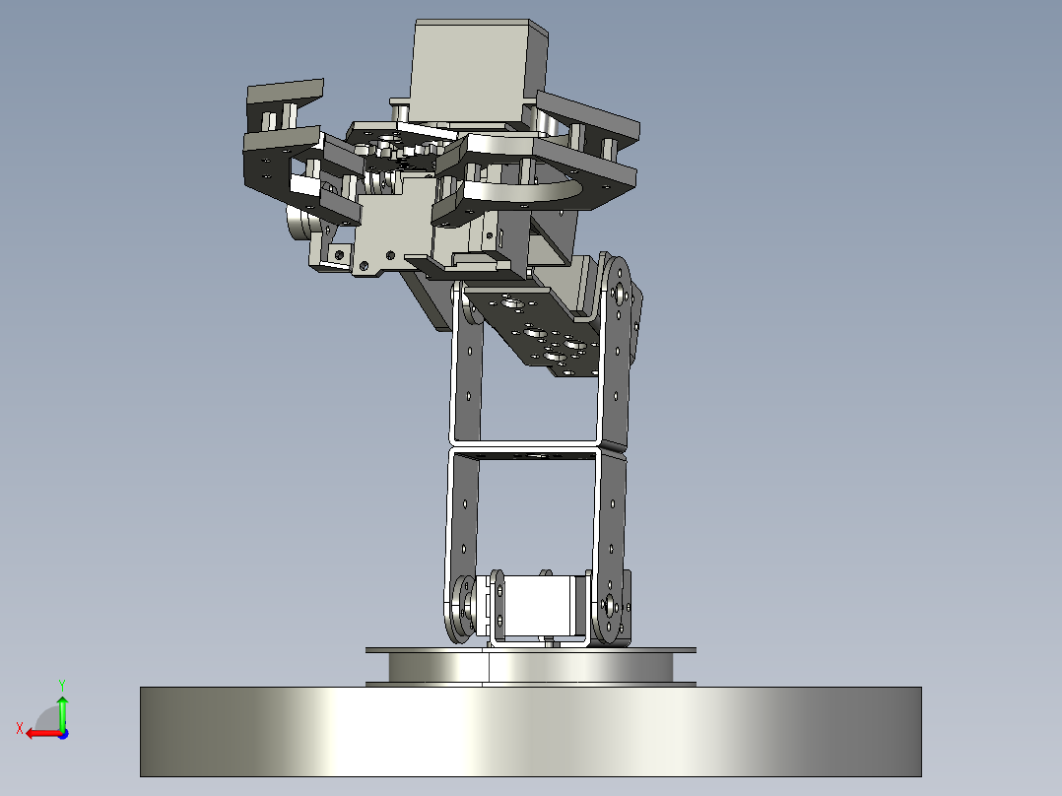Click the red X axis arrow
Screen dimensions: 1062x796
click(44, 734)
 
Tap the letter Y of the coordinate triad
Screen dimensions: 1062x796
click(62, 685)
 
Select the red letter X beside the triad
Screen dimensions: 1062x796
click(20, 728)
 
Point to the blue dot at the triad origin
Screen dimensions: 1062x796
click(63, 734)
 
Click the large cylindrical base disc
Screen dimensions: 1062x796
click(530, 732)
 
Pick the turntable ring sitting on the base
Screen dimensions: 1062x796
click(530, 667)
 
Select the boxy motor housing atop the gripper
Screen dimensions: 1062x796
click(478, 71)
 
